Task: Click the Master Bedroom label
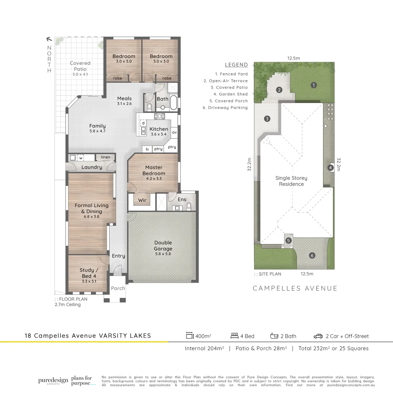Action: click(x=154, y=170)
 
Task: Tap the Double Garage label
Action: click(x=163, y=246)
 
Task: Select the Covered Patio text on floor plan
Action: click(x=80, y=66)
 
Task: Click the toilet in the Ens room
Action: click(x=188, y=206)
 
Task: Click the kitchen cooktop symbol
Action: click(x=159, y=116)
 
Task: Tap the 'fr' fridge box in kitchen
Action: click(x=147, y=149)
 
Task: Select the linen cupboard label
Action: click(x=106, y=157)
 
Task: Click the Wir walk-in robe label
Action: click(x=142, y=200)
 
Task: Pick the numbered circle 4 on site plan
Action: click(x=330, y=168)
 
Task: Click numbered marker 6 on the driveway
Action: click(x=312, y=255)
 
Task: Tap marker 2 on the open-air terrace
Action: click(x=279, y=90)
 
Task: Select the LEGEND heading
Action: click(x=236, y=65)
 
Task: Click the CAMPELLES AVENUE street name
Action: click(x=295, y=289)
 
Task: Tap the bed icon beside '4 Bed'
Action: click(x=234, y=336)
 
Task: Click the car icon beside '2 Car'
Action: click(x=318, y=336)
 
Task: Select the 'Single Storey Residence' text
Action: click(x=291, y=181)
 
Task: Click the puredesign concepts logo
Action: click(x=53, y=381)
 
